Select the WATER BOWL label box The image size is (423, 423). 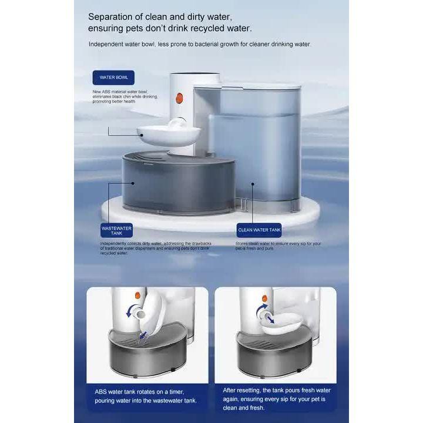113,77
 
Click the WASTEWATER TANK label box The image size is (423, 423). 116,230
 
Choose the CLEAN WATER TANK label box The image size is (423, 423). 259,230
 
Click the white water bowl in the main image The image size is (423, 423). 159,136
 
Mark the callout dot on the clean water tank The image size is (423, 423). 253,182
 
